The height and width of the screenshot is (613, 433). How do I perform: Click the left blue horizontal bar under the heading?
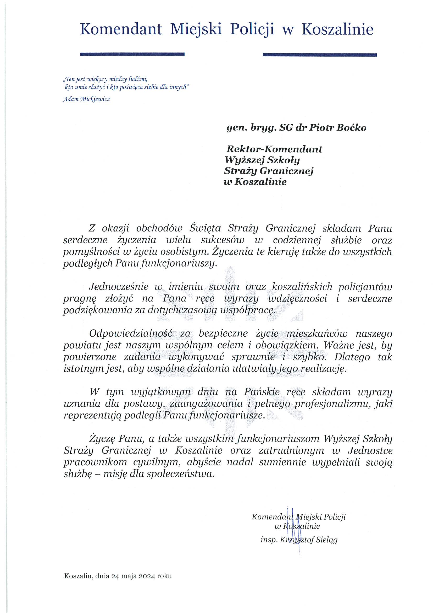[x=132, y=54]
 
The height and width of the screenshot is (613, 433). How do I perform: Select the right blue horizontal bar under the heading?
[x=319, y=55]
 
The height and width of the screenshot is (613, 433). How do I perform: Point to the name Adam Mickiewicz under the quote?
[x=86, y=99]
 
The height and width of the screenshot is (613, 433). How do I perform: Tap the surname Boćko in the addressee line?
[x=351, y=128]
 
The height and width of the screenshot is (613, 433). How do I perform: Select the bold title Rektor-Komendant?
[x=274, y=149]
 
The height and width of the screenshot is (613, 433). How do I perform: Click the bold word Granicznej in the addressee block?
[x=287, y=171]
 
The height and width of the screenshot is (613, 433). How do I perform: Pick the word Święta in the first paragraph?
[x=205, y=229]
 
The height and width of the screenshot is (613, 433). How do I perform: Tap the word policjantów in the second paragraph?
[x=365, y=287]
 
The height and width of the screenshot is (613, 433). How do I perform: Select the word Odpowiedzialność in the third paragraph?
[x=131, y=334]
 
